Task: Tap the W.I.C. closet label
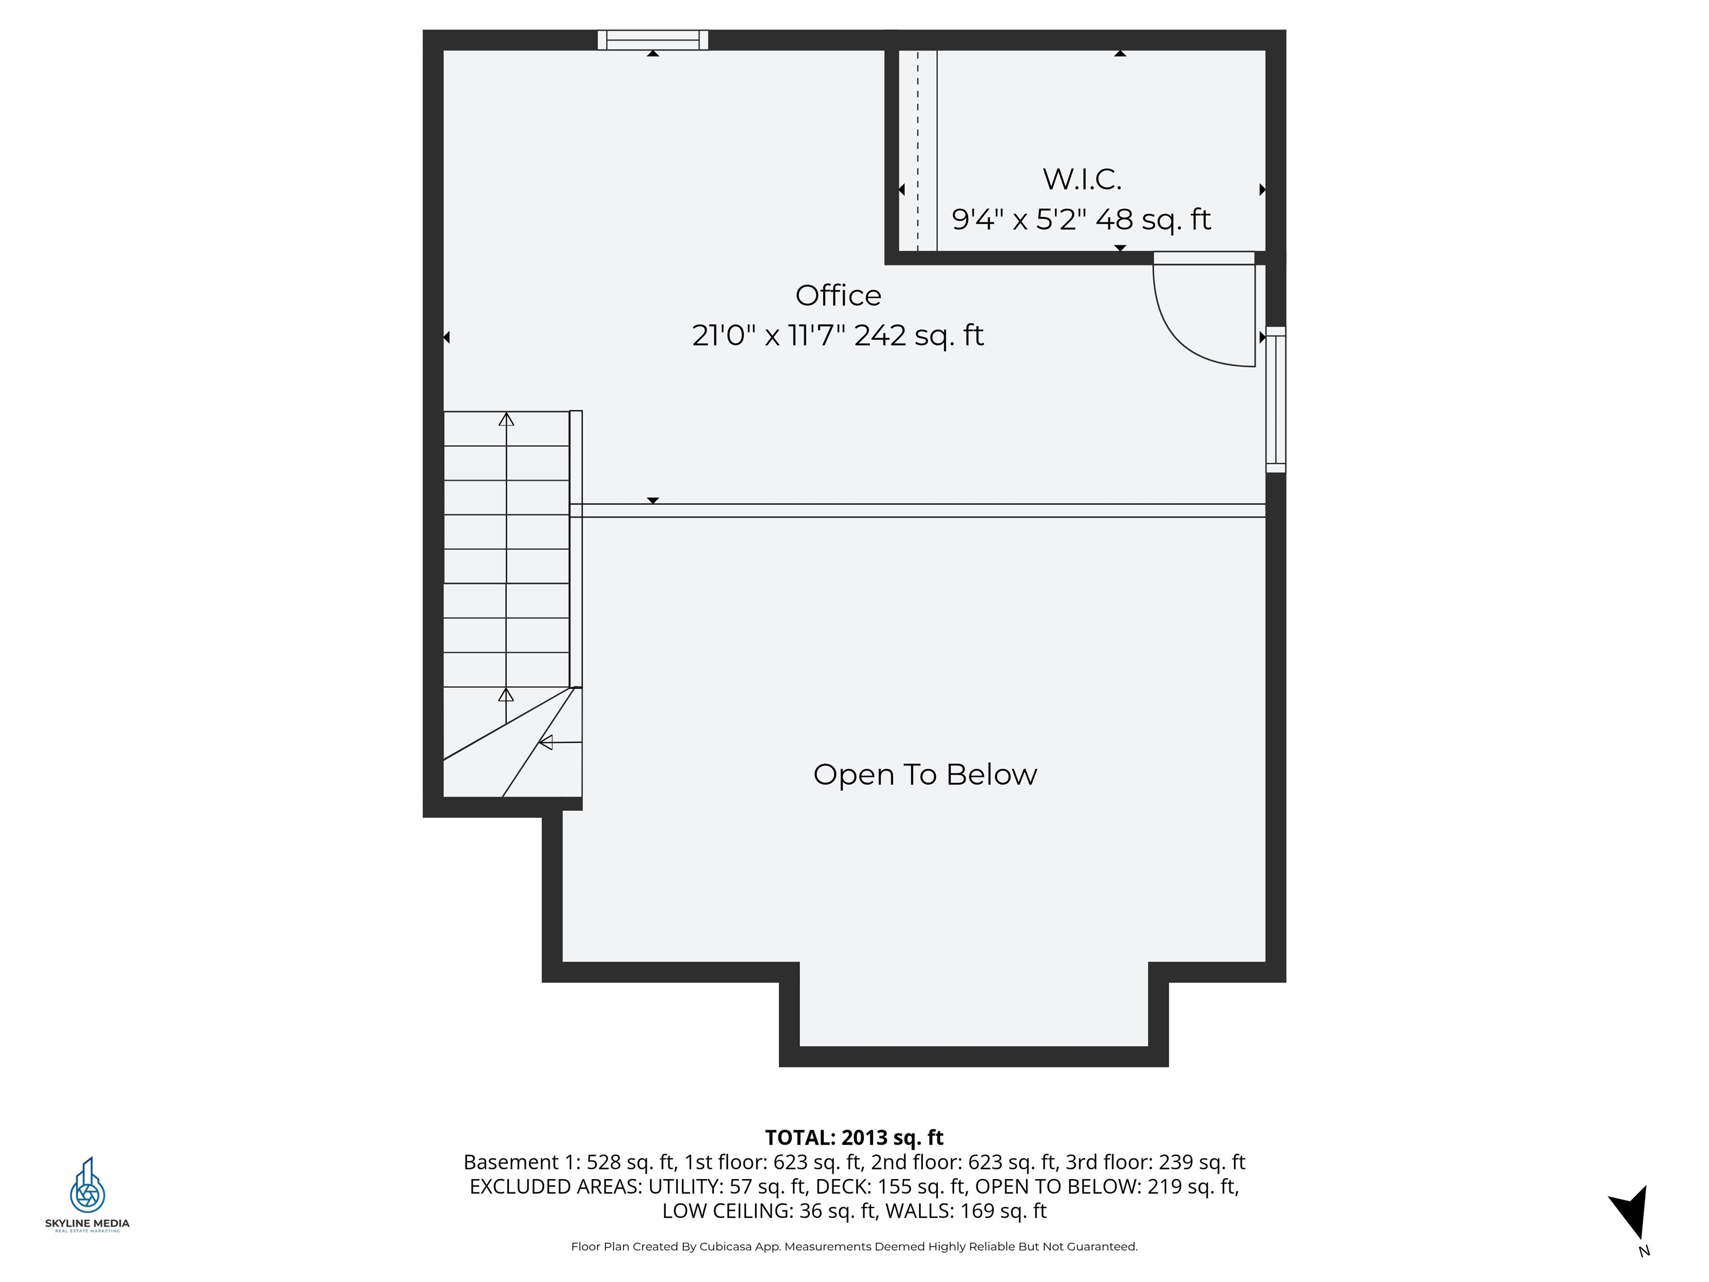coord(1081,179)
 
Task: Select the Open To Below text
coord(925,775)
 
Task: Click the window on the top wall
coord(653,40)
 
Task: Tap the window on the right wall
coord(1276,400)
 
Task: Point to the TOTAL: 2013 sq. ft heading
coord(854,1137)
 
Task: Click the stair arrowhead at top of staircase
coord(506,420)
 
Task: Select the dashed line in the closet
coord(918,151)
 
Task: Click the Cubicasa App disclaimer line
coord(854,1246)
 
